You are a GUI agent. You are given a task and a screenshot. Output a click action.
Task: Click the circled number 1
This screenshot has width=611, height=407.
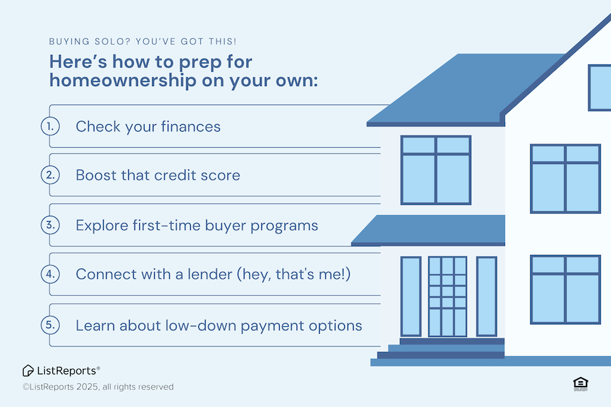pos(50,126)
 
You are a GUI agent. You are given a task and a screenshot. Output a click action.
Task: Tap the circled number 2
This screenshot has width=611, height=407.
pos(50,175)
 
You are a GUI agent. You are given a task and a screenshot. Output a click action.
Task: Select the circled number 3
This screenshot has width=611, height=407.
pos(50,225)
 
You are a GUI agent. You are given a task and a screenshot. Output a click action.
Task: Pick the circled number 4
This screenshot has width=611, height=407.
pos(50,274)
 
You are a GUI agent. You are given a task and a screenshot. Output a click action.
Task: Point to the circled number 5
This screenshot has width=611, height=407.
pos(50,325)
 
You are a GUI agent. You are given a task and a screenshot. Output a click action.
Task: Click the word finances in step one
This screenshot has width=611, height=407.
pos(191,127)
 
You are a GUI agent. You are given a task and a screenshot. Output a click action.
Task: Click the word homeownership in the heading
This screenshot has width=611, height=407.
pos(123,81)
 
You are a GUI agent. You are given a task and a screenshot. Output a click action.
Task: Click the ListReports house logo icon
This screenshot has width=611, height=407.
pos(28,371)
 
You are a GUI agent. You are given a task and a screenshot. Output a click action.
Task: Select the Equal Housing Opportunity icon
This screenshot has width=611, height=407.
pos(580,384)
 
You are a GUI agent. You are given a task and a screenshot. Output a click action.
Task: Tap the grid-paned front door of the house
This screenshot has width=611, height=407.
pos(447,296)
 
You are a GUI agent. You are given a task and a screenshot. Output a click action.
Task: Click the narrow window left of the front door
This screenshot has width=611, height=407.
pos(411,296)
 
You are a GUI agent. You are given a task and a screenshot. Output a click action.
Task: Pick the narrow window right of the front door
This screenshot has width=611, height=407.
pos(486,296)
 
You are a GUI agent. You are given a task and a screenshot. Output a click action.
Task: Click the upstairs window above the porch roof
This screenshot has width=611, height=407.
pos(436,170)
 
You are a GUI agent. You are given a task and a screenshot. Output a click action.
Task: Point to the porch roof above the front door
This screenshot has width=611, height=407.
pos(428,230)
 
